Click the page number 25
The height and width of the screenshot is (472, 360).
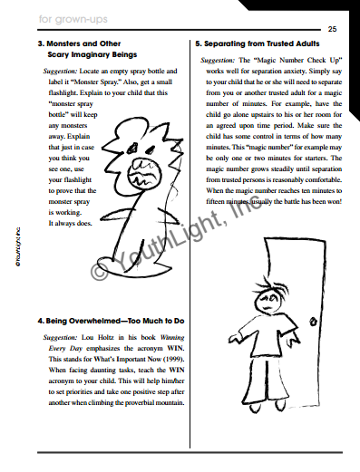coord(332,28)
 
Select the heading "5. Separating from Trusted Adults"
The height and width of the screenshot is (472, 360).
coord(257,43)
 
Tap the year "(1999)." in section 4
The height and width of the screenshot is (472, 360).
coord(171,361)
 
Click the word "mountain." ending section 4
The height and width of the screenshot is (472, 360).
coord(165,403)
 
